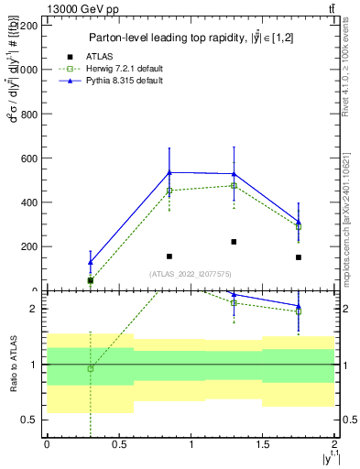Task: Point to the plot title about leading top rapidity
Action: click(186, 38)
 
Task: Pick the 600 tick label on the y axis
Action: click(30, 158)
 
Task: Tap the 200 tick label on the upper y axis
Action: click(30, 246)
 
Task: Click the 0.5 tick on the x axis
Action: click(118, 444)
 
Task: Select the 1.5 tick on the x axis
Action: click(263, 444)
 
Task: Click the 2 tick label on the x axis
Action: click(335, 444)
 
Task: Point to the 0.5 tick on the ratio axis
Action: click(31, 420)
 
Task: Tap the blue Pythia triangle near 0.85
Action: click(169, 172)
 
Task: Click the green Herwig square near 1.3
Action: click(235, 185)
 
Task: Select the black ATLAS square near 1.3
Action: click(235, 242)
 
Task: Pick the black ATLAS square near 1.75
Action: click(299, 257)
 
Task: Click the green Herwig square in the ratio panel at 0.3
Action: click(90, 368)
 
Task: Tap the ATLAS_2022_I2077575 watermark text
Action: click(190, 273)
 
